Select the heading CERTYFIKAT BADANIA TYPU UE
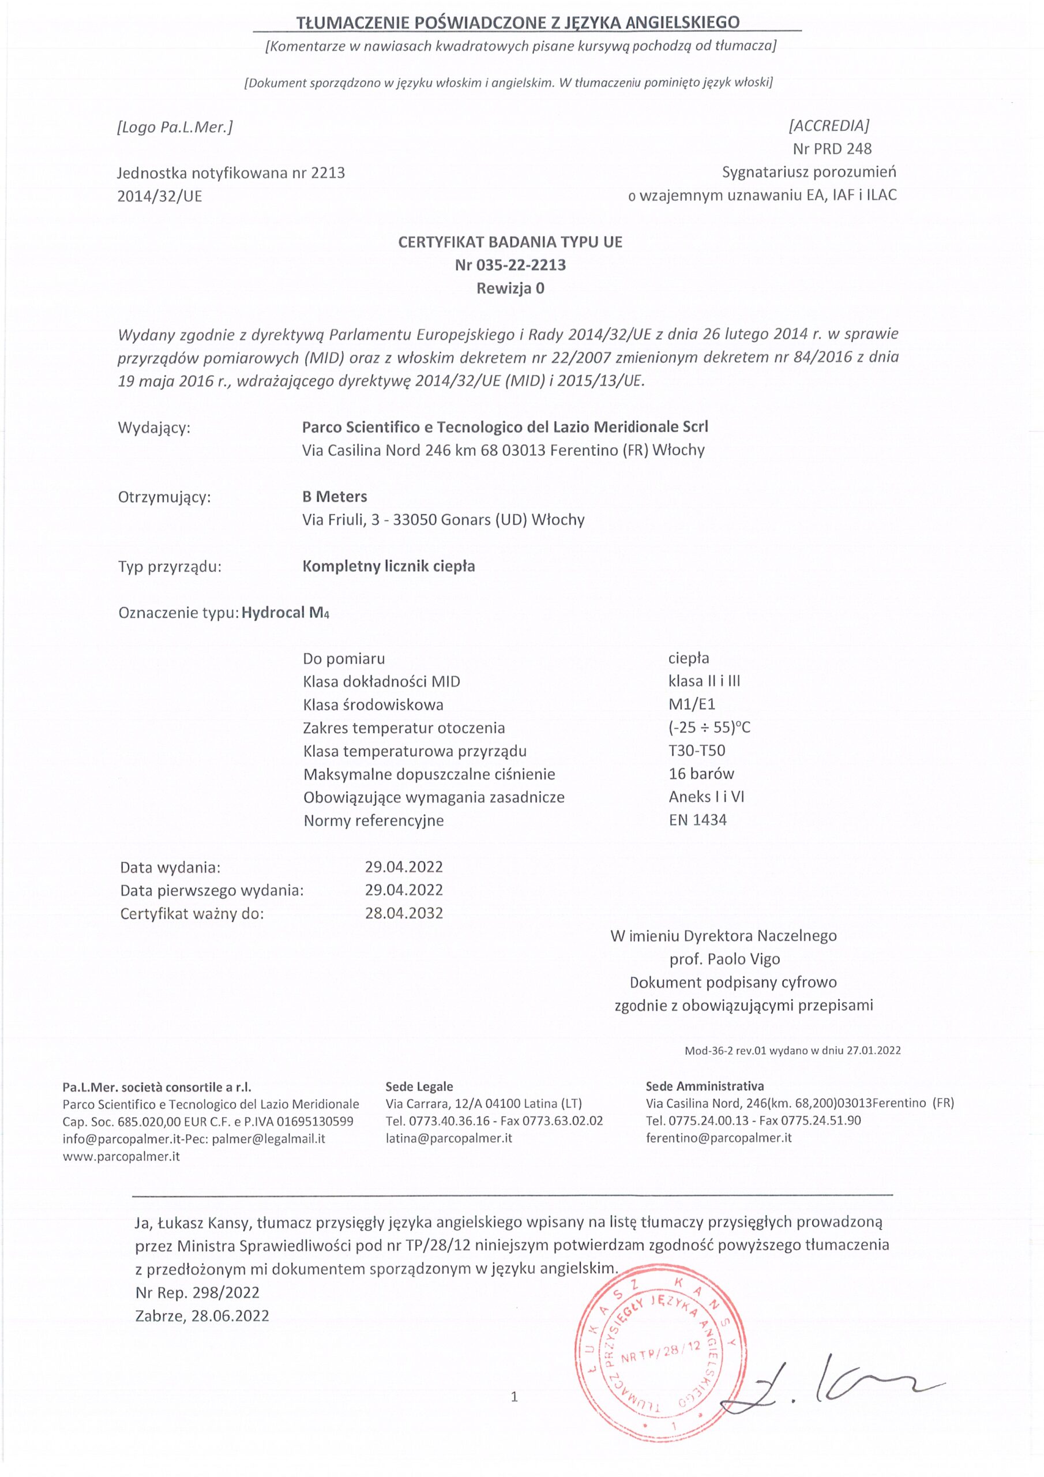pyautogui.click(x=510, y=242)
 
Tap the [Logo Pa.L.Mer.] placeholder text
pyautogui.click(x=174, y=127)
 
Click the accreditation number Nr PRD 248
pyautogui.click(x=832, y=149)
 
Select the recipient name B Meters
pyautogui.click(x=335, y=497)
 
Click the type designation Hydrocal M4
pyautogui.click(x=285, y=612)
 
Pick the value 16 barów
pyautogui.click(x=701, y=774)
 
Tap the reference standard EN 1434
pyautogui.click(x=697, y=820)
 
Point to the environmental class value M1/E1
pyautogui.click(x=692, y=704)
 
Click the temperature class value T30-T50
pyautogui.click(x=697, y=751)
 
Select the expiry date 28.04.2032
pyautogui.click(x=404, y=913)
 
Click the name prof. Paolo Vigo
pyautogui.click(x=724, y=959)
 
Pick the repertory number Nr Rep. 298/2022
pyautogui.click(x=197, y=1292)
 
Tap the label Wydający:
pyautogui.click(x=155, y=428)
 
